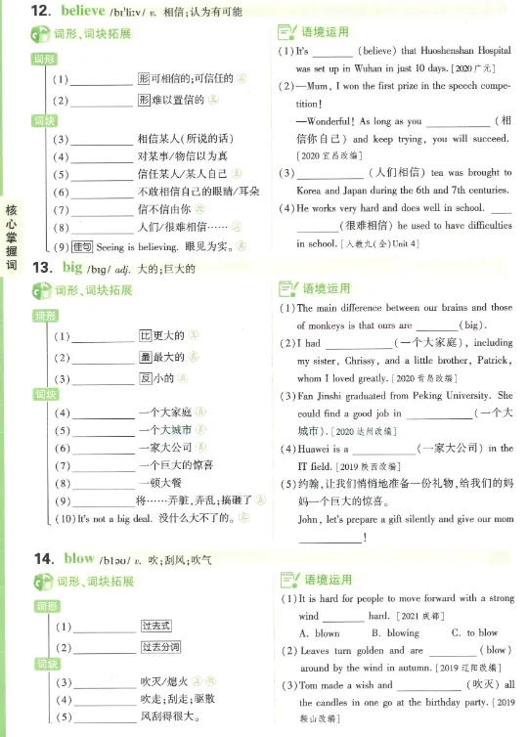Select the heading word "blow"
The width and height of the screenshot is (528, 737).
[x=78, y=558]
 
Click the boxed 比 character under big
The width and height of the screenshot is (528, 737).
[x=144, y=336]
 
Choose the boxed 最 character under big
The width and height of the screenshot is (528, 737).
[x=144, y=358]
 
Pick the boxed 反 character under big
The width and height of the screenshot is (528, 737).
[x=144, y=379]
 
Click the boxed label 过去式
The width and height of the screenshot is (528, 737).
[x=156, y=627]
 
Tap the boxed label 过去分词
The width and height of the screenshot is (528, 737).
[x=161, y=647]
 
